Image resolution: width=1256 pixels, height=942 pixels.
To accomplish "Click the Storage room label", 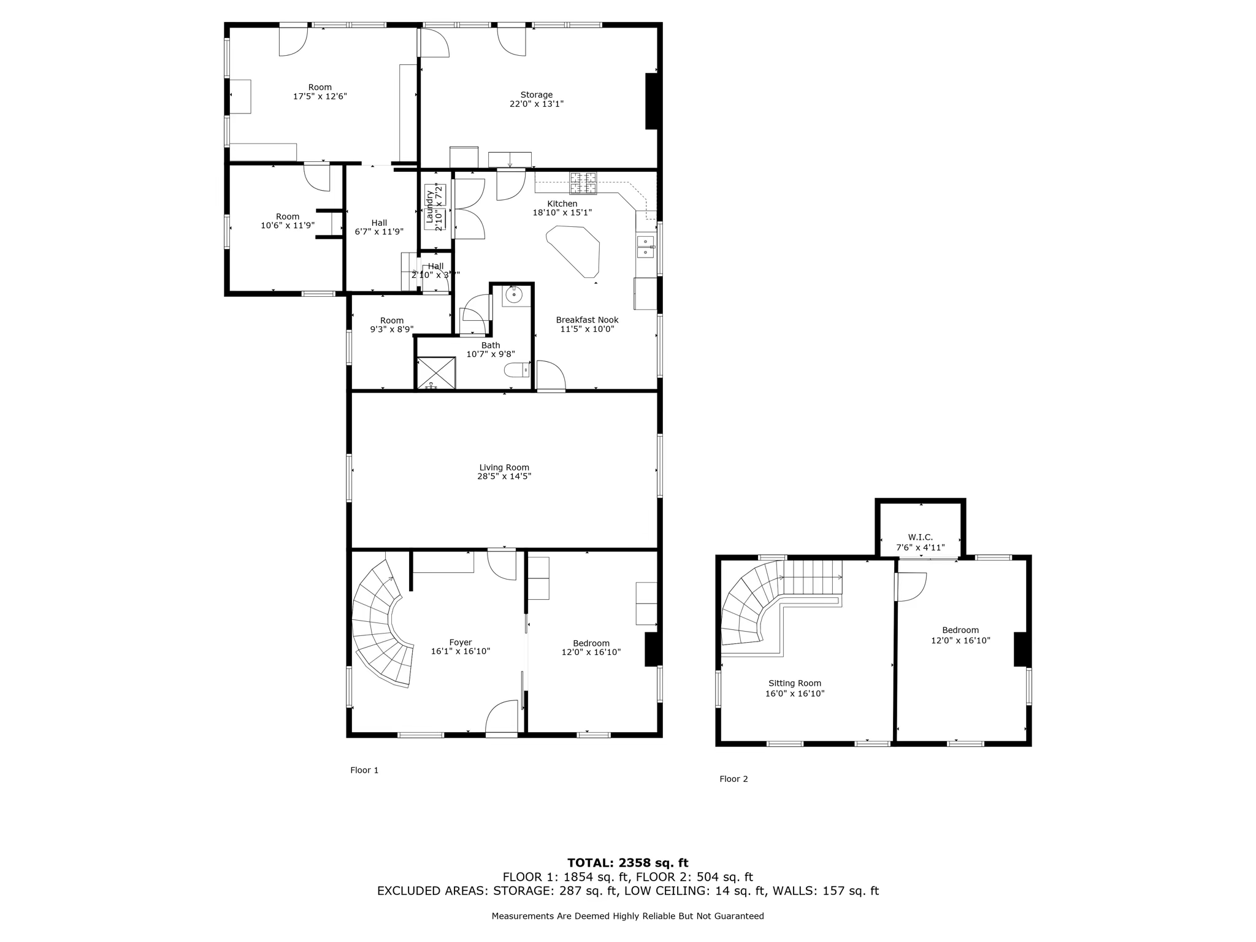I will click(536, 95).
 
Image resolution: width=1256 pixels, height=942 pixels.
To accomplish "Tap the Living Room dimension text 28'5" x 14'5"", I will click(504, 477).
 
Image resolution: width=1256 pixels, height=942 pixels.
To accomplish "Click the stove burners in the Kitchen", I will click(583, 182).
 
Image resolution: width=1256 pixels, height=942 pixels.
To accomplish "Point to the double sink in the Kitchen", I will click(645, 247).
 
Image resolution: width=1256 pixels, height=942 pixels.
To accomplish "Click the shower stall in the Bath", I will click(436, 373).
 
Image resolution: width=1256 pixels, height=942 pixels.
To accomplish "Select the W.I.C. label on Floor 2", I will click(920, 537).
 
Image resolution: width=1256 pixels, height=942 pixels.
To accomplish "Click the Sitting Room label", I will click(794, 683).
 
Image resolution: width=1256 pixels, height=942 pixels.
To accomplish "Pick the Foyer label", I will click(460, 643).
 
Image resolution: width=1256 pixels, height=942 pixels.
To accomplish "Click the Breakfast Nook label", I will click(587, 320).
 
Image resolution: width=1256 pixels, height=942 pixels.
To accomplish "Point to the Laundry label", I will click(430, 207).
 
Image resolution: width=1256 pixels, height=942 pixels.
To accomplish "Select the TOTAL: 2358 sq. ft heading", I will click(627, 863).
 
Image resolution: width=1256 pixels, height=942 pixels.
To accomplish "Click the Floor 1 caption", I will click(364, 770).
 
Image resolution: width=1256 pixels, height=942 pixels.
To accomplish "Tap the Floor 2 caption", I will click(733, 779).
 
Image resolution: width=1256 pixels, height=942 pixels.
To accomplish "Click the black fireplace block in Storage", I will click(651, 101).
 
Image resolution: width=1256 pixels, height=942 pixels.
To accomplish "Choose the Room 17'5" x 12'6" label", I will click(320, 92).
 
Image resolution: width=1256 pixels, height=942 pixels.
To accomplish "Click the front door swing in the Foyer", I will click(501, 718).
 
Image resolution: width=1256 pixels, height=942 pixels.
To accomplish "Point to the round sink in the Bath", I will click(513, 296).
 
